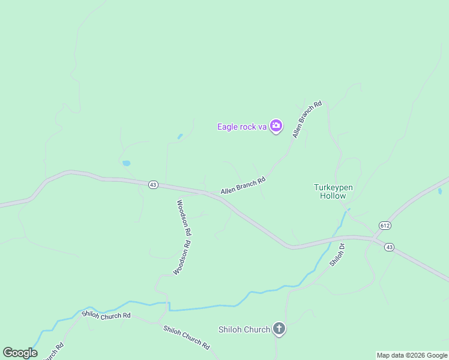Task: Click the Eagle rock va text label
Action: click(x=241, y=127)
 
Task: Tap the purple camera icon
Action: click(x=276, y=126)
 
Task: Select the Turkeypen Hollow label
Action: click(x=334, y=191)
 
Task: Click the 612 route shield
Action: click(x=385, y=225)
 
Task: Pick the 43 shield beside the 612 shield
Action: click(x=389, y=247)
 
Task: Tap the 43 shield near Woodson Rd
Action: click(x=153, y=185)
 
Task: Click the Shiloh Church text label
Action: click(x=244, y=329)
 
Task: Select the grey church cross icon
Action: click(x=279, y=328)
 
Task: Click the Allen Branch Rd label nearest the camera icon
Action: click(x=307, y=119)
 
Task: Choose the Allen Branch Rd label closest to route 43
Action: click(x=243, y=186)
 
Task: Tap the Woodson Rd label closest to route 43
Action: click(x=184, y=217)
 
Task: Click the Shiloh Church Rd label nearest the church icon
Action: click(x=187, y=337)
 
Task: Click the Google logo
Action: click(x=20, y=353)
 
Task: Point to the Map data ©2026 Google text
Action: click(x=412, y=355)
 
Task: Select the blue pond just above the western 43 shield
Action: click(x=126, y=163)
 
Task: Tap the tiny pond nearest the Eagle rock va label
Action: click(x=179, y=137)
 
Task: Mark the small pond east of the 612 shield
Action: click(x=440, y=191)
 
